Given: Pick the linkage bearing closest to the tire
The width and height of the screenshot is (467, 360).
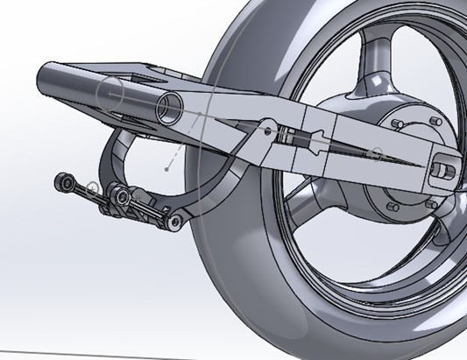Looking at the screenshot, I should pos(178,224).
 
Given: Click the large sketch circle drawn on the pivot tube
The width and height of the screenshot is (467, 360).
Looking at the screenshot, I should pos(111,92).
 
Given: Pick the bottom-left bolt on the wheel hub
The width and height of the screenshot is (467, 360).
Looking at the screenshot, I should pos(391,208).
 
